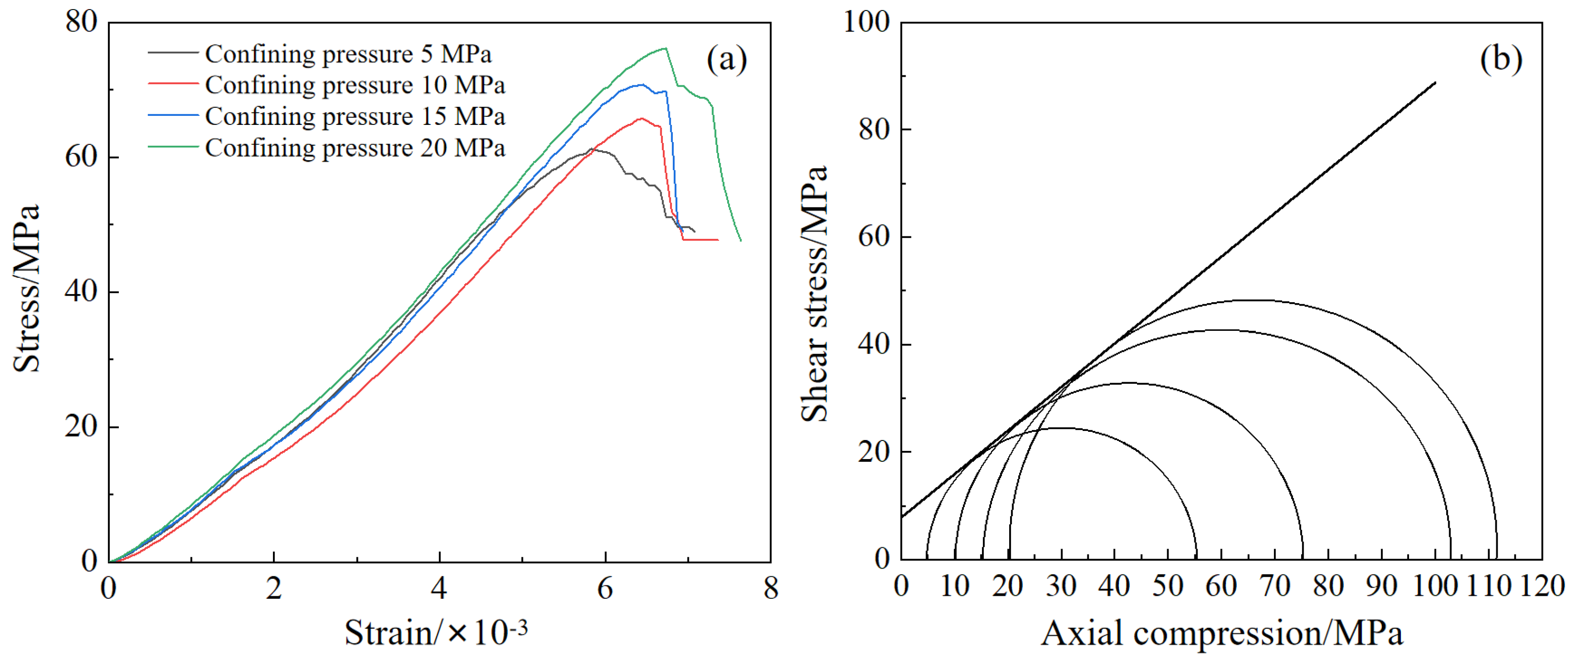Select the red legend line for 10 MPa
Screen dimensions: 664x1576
(173, 84)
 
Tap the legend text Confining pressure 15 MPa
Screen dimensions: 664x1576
(355, 116)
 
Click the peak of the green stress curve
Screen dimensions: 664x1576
(665, 48)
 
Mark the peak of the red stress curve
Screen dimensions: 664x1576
(640, 119)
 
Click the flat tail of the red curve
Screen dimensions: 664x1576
(700, 240)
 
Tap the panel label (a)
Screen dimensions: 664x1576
(726, 60)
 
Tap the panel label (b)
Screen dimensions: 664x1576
(1501, 60)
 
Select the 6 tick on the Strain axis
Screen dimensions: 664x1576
(605, 588)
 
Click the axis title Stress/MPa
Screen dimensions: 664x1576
(27, 288)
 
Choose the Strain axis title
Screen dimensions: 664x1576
(436, 633)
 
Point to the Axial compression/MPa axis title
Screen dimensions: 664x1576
(1222, 633)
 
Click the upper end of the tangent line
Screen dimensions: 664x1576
(1435, 82)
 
